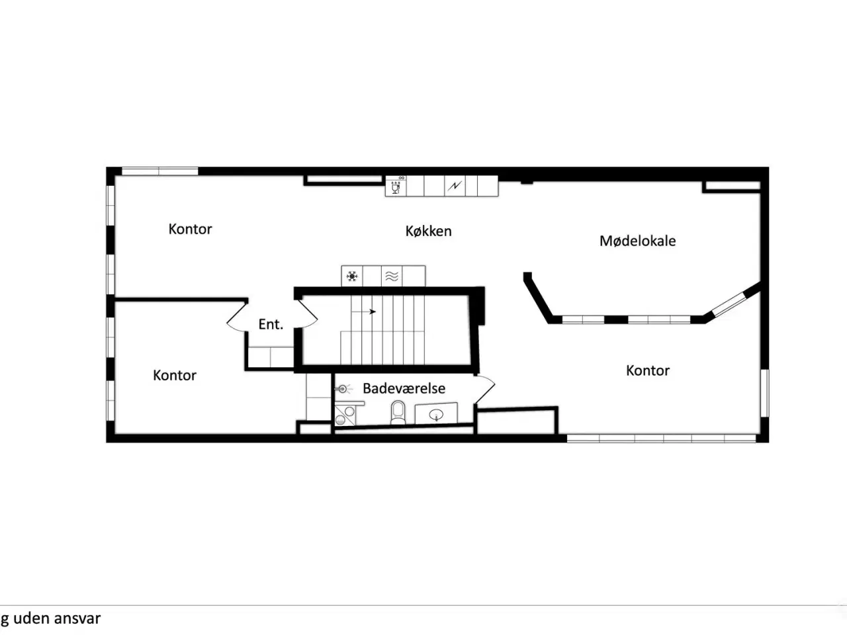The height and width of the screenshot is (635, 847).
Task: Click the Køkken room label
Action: (428, 231)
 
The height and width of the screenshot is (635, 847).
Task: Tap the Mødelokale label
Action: (637, 241)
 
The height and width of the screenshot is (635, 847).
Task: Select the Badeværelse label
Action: (404, 388)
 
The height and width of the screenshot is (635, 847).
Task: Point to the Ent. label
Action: (271, 324)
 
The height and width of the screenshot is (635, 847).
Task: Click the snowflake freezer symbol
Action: (352, 276)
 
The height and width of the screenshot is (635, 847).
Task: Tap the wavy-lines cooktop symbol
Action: (392, 276)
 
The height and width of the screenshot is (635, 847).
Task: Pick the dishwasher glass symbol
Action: (395, 187)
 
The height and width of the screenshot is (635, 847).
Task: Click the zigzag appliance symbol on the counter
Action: (455, 187)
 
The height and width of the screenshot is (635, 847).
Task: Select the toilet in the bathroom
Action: (398, 412)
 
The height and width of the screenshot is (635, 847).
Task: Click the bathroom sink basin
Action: (436, 415)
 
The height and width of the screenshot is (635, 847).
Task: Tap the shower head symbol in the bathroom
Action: (343, 389)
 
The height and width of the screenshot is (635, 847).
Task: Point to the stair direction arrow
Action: (363, 312)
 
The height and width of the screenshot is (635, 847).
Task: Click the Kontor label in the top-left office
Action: (190, 229)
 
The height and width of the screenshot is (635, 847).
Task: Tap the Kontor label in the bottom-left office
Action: (175, 375)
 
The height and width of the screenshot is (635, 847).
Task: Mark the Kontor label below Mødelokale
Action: (648, 370)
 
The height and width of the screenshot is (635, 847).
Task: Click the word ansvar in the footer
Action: (77, 618)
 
